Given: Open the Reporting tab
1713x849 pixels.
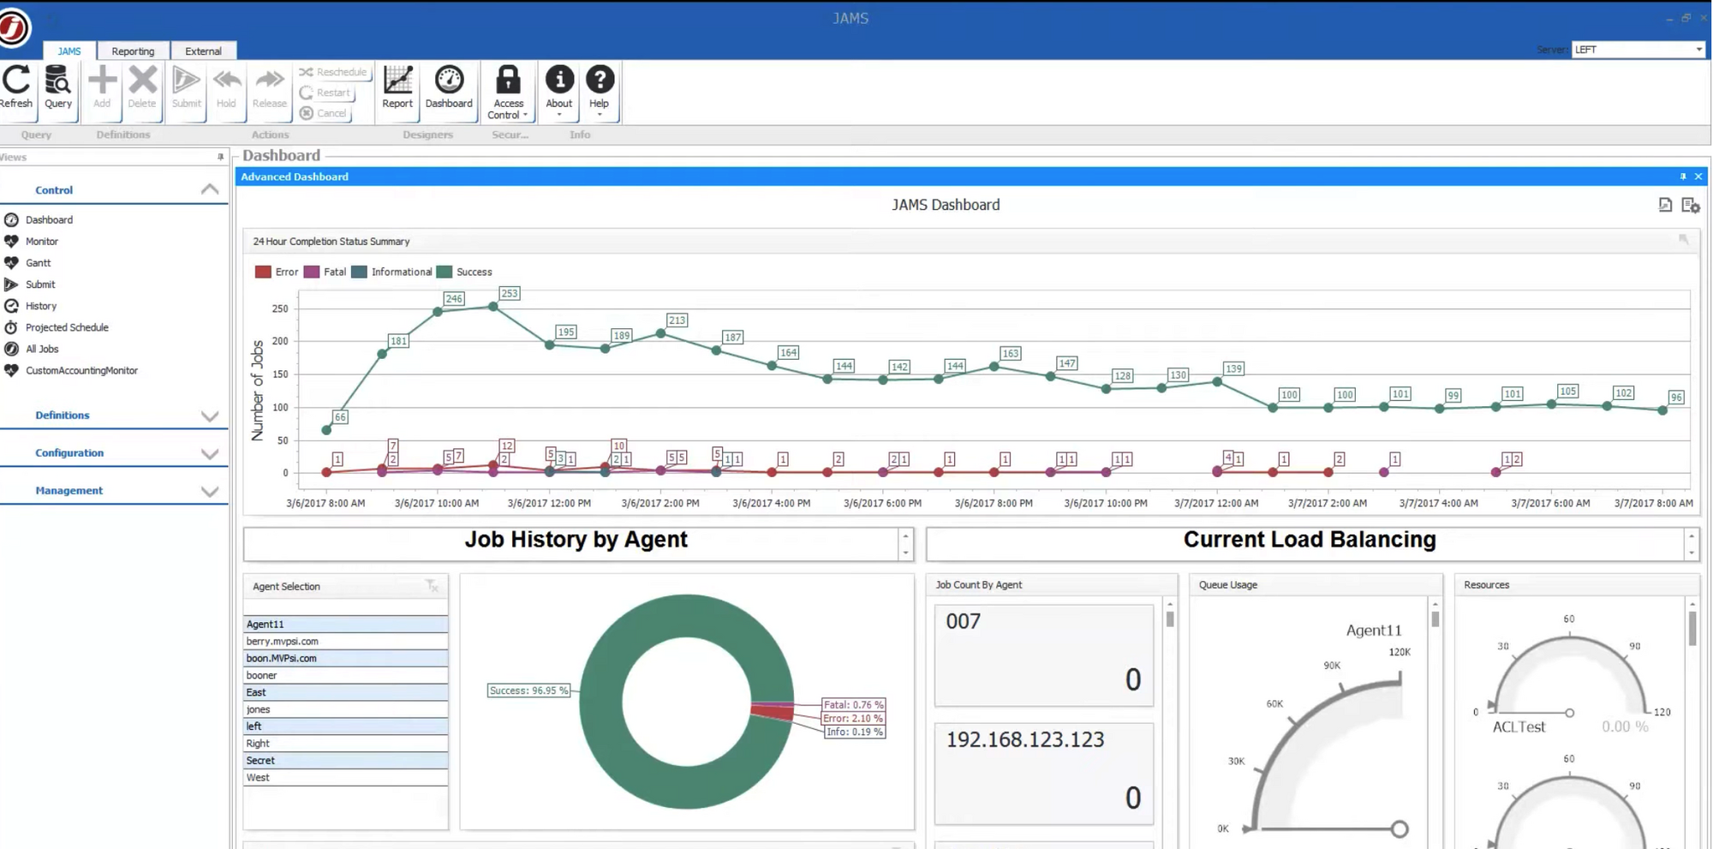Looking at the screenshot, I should (x=133, y=51).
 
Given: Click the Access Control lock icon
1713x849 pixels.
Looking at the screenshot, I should (x=508, y=81).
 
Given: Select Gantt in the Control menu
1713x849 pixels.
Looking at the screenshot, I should (x=38, y=263).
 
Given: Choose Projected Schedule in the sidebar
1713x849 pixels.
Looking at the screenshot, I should (x=67, y=327).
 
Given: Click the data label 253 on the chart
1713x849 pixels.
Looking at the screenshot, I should (x=509, y=294).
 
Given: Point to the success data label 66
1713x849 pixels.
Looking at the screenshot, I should (x=340, y=417).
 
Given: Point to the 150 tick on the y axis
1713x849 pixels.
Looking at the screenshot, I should (x=280, y=374).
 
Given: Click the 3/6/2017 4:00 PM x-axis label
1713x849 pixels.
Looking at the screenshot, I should (x=771, y=504).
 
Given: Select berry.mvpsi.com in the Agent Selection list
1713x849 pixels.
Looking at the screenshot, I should (x=283, y=642).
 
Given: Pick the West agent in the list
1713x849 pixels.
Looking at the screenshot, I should (x=258, y=778).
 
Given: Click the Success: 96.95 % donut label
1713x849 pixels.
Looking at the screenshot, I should (x=528, y=691).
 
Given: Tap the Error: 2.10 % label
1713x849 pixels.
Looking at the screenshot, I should (x=852, y=719).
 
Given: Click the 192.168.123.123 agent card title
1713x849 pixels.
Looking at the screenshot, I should (x=1024, y=740).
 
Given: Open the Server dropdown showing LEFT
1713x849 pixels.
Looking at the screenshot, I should (x=1638, y=50).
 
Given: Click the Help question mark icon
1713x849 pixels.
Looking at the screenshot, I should (x=600, y=81).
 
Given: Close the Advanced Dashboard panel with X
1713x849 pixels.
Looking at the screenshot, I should (x=1698, y=176).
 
